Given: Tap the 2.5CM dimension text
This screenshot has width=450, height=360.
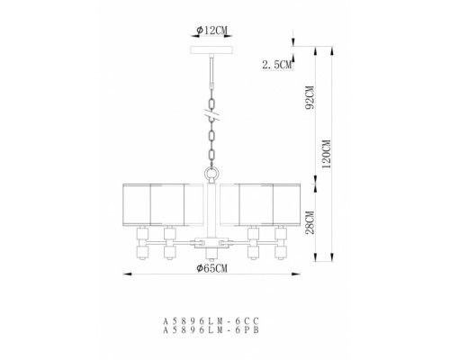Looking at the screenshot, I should click(x=274, y=65).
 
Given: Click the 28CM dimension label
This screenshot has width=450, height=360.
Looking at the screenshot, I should click(x=308, y=221).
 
